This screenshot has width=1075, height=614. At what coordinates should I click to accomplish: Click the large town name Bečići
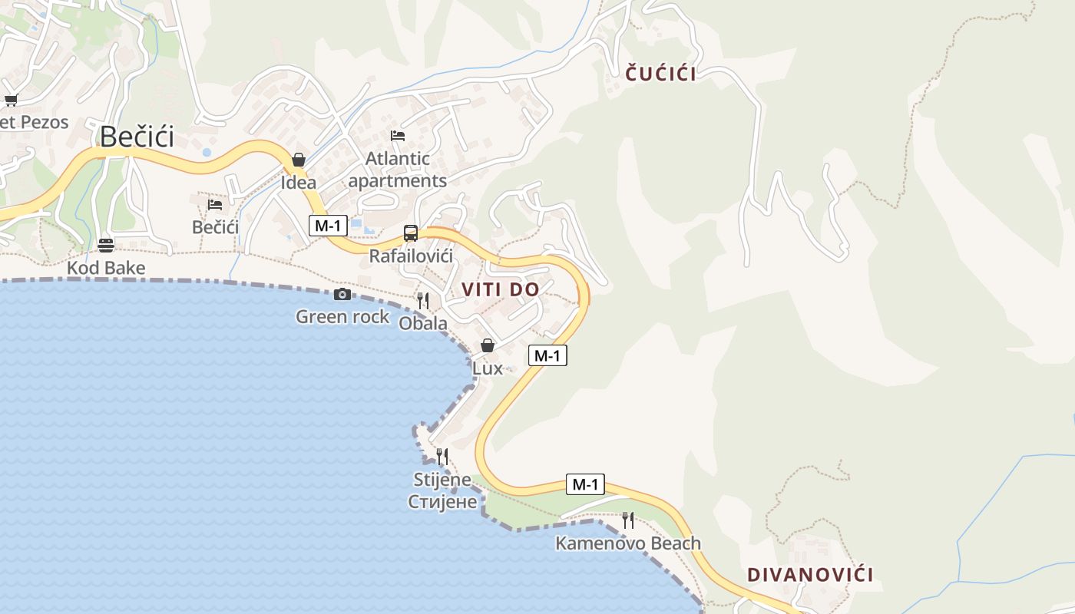click(137, 137)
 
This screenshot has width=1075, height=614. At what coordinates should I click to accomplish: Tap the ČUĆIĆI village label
click(660, 74)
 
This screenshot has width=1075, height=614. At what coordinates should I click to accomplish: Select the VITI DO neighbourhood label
click(500, 289)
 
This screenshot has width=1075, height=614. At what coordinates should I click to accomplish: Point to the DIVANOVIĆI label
click(810, 574)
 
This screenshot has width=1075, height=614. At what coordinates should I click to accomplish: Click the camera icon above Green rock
click(342, 294)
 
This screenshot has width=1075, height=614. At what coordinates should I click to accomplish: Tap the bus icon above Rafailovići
click(411, 233)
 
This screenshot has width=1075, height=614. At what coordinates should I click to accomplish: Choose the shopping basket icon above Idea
click(299, 160)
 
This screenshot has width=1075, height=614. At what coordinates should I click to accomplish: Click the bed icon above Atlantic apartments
click(398, 136)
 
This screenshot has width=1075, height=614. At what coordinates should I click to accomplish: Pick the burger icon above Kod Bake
click(106, 246)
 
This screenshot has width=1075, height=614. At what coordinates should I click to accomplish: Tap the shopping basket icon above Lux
click(487, 345)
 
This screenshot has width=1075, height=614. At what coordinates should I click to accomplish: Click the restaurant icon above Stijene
click(442, 457)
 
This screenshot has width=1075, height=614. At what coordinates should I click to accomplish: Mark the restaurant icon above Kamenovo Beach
click(628, 520)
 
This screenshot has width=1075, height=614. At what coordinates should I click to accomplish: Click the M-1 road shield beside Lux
click(547, 355)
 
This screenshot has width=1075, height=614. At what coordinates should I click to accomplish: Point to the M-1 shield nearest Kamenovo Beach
click(585, 484)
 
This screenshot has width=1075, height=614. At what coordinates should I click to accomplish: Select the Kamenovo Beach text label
click(627, 543)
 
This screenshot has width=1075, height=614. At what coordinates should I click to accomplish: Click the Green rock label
click(342, 316)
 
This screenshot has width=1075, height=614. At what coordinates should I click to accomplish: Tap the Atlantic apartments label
click(397, 170)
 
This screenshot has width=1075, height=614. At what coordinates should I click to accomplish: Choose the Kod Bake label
click(106, 268)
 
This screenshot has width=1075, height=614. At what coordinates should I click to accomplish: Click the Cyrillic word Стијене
click(443, 502)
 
